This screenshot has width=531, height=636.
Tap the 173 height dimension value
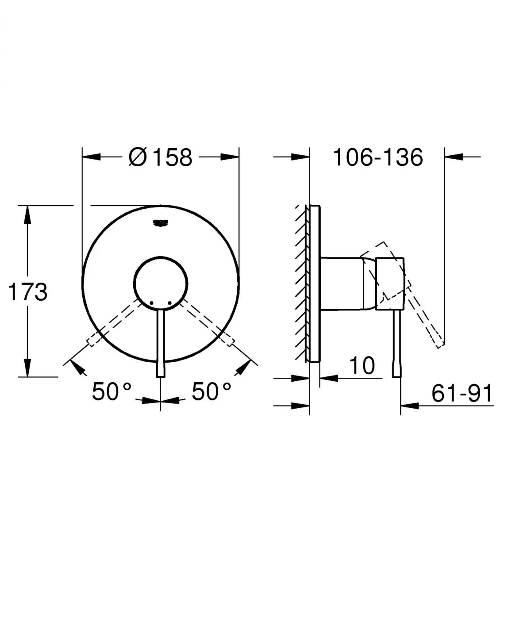pos(28,292)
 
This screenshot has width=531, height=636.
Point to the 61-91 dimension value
pos(462,393)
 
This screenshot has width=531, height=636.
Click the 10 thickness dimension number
pos(362,365)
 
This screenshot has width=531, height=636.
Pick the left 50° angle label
pos(112,391)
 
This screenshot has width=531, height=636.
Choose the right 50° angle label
pos(211,391)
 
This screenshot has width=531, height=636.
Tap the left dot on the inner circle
pos(151,303)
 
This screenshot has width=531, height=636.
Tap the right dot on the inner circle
pos(169,303)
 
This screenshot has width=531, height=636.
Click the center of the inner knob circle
pos(161,283)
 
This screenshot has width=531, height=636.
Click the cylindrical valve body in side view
pos(343,283)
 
